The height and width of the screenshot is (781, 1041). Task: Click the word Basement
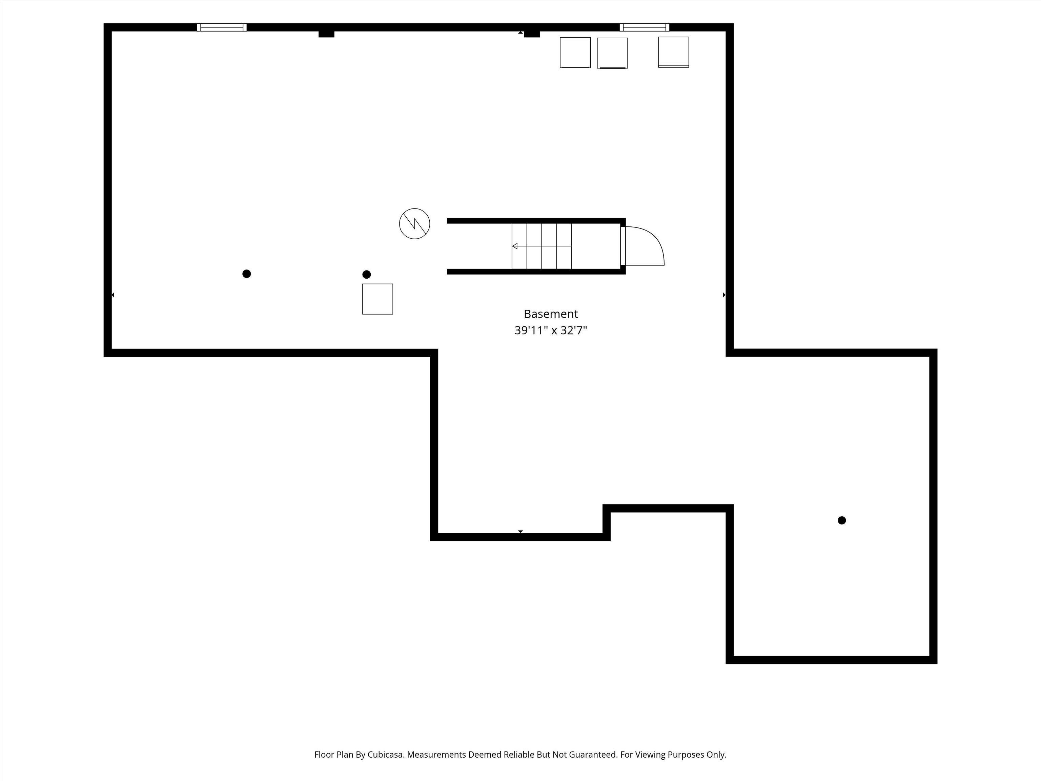click(551, 314)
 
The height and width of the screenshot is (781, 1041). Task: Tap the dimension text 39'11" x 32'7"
click(551, 331)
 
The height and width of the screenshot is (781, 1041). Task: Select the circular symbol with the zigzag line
click(415, 224)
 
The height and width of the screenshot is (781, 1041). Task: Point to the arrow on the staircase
click(541, 246)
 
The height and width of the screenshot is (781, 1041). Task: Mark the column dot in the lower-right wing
click(842, 520)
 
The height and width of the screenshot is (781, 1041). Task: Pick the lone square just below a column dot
click(377, 299)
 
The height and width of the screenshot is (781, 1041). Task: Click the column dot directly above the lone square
click(367, 275)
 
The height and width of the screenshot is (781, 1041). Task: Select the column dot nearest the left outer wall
click(247, 274)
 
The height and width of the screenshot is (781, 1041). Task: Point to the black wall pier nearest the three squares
click(532, 34)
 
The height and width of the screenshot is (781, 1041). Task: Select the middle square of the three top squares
click(612, 53)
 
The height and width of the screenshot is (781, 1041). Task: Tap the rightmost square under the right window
click(673, 52)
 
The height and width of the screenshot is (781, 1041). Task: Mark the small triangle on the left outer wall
click(113, 295)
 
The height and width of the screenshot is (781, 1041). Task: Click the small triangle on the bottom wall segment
click(520, 532)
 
